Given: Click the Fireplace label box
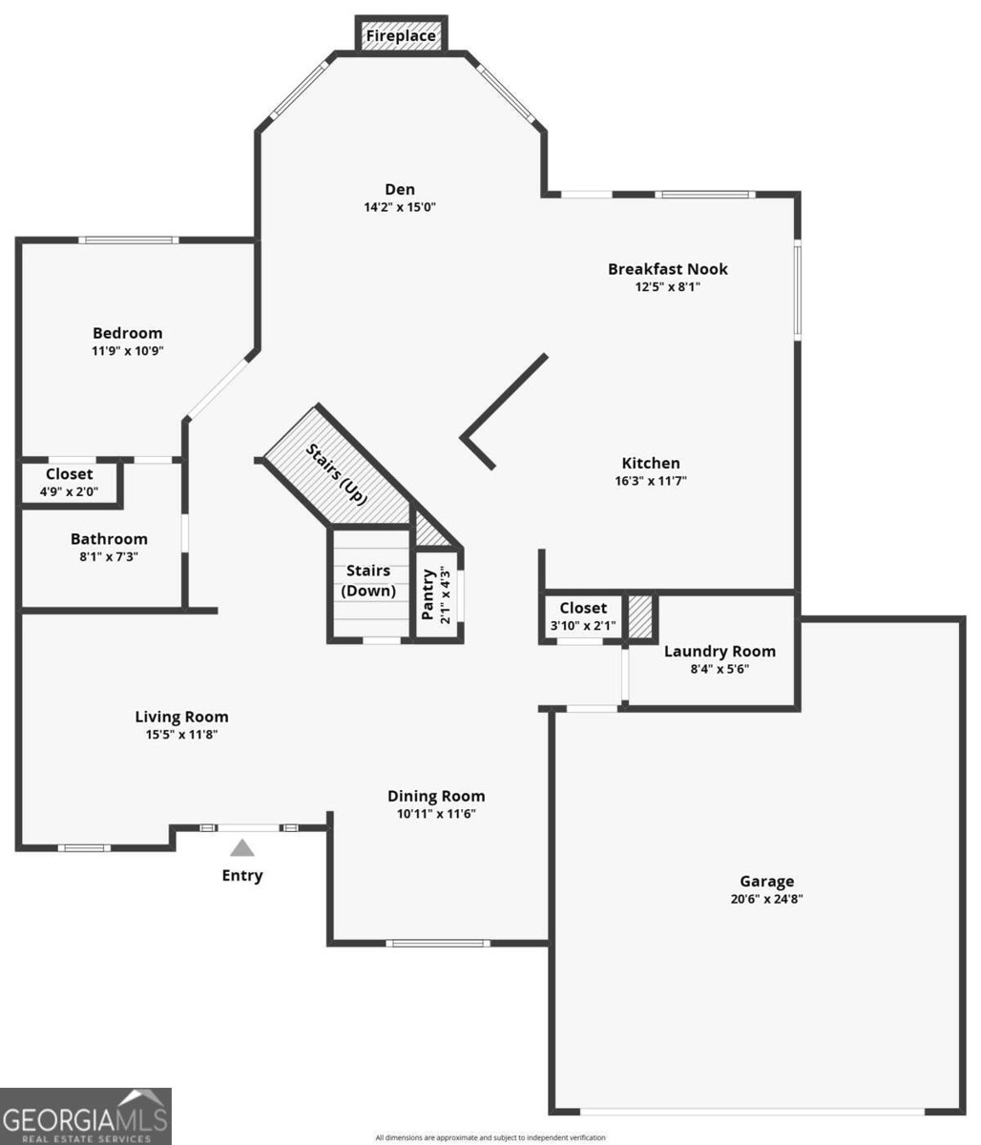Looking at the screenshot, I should (x=401, y=36).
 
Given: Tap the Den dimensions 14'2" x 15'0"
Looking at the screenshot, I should (x=400, y=207).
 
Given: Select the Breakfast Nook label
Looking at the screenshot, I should (x=667, y=269).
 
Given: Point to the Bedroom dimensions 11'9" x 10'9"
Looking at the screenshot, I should (x=127, y=350).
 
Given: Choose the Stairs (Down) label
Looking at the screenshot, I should (x=368, y=580).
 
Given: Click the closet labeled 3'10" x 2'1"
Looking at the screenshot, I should (x=583, y=616).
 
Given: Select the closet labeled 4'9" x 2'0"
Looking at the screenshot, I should (x=70, y=483).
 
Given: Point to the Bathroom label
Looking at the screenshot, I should (x=109, y=539).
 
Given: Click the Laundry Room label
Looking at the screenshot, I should (x=720, y=652).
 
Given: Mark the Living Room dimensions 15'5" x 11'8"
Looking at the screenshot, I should (x=181, y=735).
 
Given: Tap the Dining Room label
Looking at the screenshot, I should (x=436, y=796).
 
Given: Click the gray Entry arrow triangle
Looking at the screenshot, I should (x=242, y=847).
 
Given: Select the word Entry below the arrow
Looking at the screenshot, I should (x=242, y=876).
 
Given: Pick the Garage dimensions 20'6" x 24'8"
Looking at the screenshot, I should (x=766, y=899).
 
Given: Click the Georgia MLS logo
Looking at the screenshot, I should (x=86, y=1115).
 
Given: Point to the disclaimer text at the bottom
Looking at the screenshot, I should (x=490, y=1137).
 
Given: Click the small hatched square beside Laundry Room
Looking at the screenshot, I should (x=640, y=617).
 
